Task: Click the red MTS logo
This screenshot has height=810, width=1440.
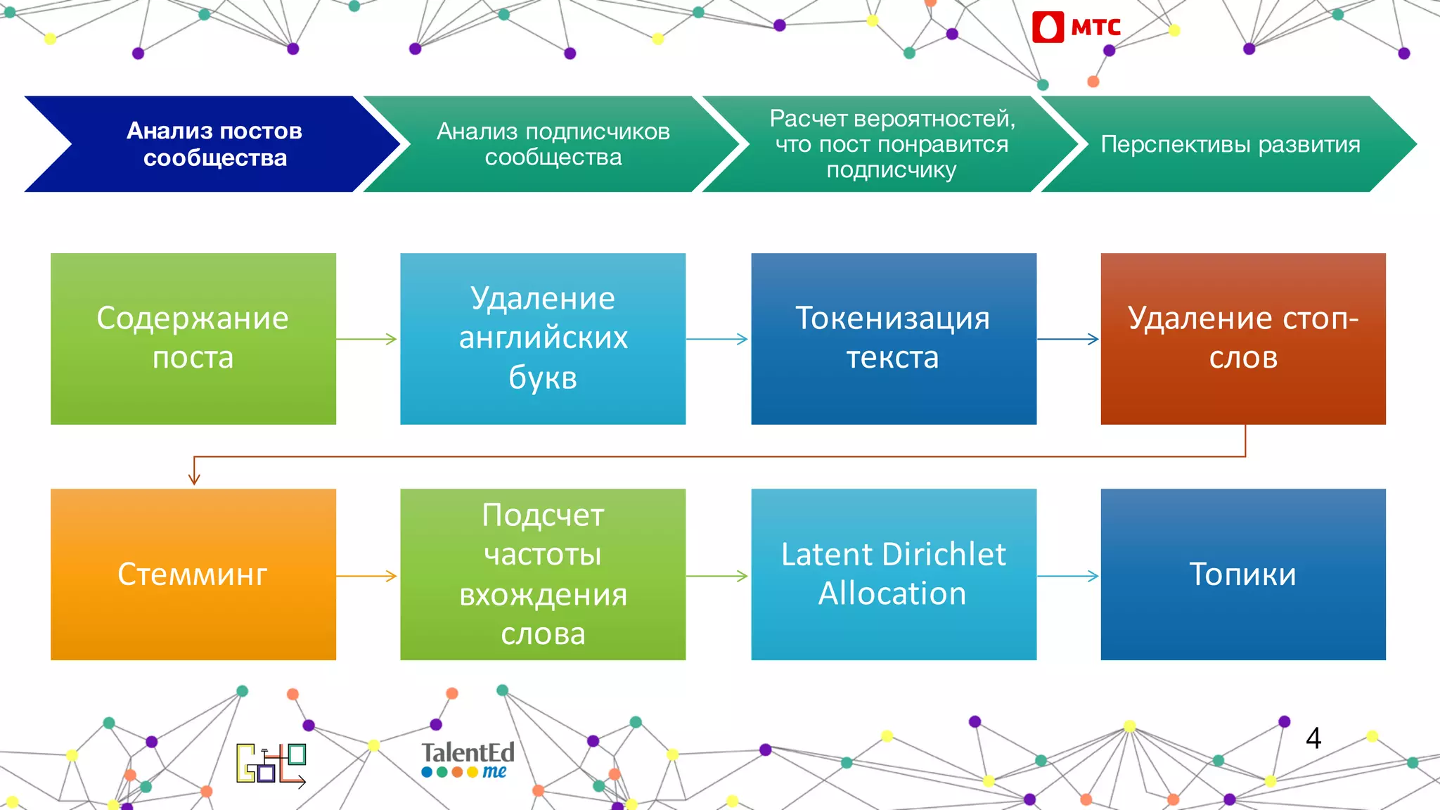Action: pyautogui.click(x=1076, y=27)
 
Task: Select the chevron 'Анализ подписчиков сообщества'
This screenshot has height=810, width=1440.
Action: pyautogui.click(x=553, y=144)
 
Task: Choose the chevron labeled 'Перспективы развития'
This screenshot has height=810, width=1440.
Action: pyautogui.click(x=1230, y=144)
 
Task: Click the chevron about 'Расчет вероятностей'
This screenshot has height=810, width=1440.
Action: pyautogui.click(x=892, y=144)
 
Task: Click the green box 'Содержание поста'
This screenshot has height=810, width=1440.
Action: pyautogui.click(x=193, y=338)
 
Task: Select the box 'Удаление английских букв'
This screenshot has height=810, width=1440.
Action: pyautogui.click(x=542, y=338)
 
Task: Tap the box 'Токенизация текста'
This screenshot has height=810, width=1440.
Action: pyautogui.click(x=893, y=338)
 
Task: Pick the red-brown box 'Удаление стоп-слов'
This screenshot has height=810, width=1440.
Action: pyautogui.click(x=1242, y=338)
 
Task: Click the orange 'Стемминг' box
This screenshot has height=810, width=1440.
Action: pyautogui.click(x=193, y=574)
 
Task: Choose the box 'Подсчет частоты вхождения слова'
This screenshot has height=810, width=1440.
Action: pyautogui.click(x=542, y=574)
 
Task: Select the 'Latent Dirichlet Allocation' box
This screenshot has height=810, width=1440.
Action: pyautogui.click(x=893, y=574)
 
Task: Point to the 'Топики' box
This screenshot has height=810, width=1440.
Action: pyautogui.click(x=1242, y=574)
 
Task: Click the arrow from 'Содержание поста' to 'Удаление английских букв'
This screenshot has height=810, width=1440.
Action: pyautogui.click(x=367, y=339)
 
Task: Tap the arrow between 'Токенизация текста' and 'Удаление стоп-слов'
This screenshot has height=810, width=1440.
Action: pyautogui.click(x=1068, y=339)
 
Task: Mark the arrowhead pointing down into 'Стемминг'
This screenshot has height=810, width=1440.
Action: pyautogui.click(x=194, y=478)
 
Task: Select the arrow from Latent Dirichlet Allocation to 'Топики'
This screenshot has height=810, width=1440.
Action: pyautogui.click(x=1068, y=576)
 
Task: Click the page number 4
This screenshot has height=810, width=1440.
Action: pyautogui.click(x=1313, y=738)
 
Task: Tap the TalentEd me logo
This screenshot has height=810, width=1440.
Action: pyautogui.click(x=468, y=760)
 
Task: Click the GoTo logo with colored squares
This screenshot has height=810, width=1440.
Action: pyautogui.click(x=271, y=764)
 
